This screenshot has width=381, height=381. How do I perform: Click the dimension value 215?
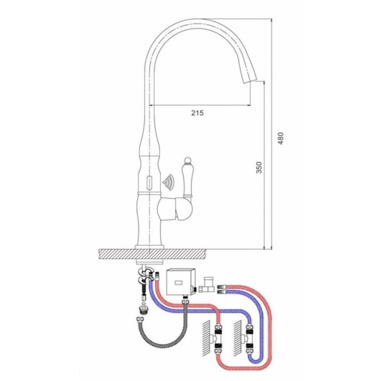pos(198,113)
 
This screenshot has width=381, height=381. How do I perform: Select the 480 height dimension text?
pos(281,138)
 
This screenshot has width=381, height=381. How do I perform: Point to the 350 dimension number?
pos(260,168)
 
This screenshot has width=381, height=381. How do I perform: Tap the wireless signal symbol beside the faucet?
pos(168,181)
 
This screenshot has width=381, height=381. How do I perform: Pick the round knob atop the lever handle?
pos(187,161)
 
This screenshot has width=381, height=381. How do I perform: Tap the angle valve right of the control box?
pos(207,285)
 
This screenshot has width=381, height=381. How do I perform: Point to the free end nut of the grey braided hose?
pos(140,319)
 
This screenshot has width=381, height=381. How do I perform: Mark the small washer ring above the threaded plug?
pos(144,304)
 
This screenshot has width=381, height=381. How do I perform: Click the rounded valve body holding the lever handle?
pos(175,209)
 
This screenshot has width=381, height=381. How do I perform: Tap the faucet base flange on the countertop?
pos(149,247)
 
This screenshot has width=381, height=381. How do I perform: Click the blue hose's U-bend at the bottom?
pos(256,359)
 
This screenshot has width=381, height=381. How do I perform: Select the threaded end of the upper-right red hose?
pos(220,286)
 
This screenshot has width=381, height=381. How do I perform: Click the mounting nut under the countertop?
pos(149,262)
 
